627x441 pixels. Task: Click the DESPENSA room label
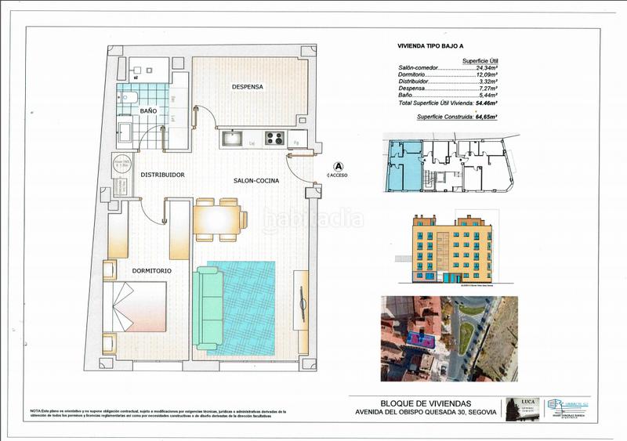(247, 87)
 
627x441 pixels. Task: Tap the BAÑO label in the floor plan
(148, 112)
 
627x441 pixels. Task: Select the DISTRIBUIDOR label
(162, 175)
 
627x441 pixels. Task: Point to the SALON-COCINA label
(253, 181)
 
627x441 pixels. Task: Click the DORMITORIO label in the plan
(152, 271)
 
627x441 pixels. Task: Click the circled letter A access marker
(339, 167)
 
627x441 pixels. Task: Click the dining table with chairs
(220, 219)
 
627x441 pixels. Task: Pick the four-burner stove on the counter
(274, 139)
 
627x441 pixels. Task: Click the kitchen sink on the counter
(233, 139)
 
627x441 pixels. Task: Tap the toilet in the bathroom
(131, 98)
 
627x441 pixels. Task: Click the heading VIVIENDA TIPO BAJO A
(433, 47)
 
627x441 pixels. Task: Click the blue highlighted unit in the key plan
(403, 165)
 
